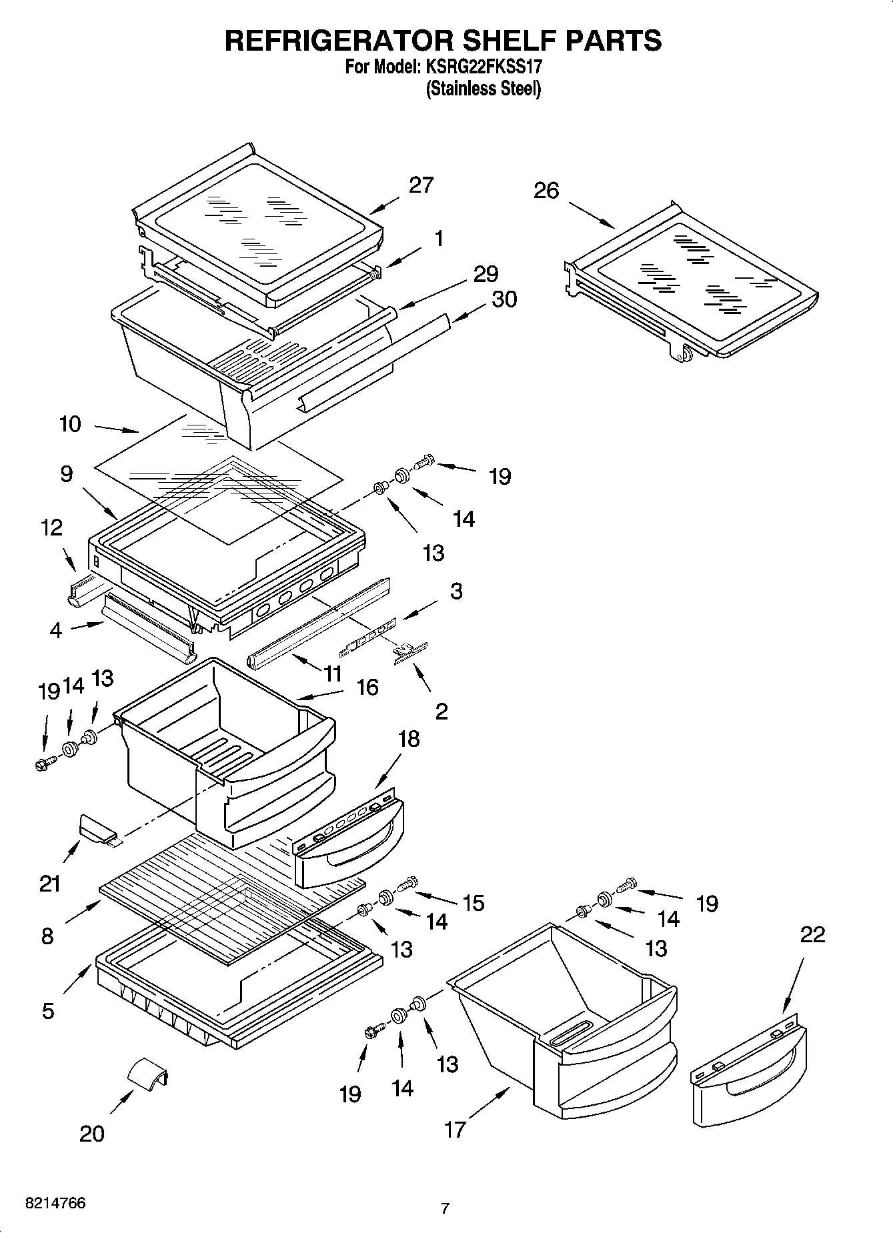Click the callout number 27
tap(421, 185)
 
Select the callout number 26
tap(546, 191)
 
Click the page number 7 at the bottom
tap(445, 1208)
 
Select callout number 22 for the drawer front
tap(812, 934)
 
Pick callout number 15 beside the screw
tap(473, 903)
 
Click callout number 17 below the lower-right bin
tap(455, 1130)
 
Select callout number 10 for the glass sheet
tap(70, 423)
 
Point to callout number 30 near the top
tap(504, 299)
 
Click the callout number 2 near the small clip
tap(441, 712)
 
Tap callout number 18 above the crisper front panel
tap(409, 739)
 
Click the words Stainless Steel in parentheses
tap(484, 89)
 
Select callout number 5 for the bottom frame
tap(47, 1011)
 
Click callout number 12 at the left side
tap(51, 527)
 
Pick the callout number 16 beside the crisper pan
tap(367, 687)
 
